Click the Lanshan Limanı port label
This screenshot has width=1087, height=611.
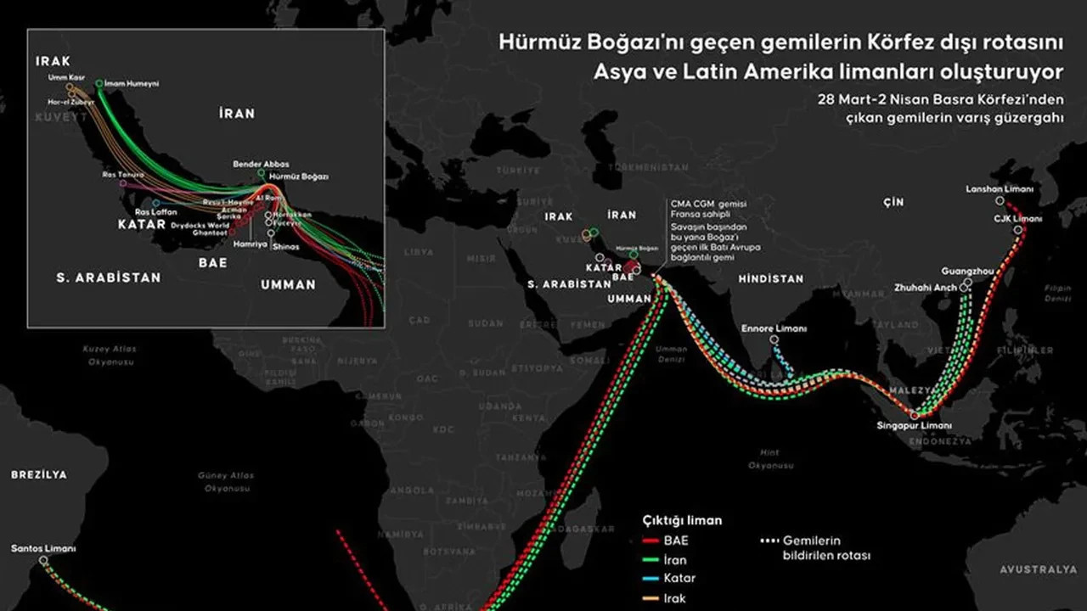[1000, 189]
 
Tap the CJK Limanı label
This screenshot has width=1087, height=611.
[1017, 218]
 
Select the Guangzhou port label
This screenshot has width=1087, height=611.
[967, 272]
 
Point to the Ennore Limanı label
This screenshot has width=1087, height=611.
[774, 328]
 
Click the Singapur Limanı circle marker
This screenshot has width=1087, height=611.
[915, 415]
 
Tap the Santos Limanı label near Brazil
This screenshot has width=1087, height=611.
[43, 549]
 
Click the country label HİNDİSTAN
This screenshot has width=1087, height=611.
[770, 278]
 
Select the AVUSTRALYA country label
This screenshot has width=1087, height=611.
[1038, 569]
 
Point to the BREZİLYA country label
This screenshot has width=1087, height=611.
[38, 475]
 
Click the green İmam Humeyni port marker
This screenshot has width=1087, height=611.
[99, 83]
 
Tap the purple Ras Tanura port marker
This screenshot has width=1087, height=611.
[122, 183]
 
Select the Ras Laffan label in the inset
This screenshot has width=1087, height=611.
[156, 211]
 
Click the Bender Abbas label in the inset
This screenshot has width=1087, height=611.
[261, 164]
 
